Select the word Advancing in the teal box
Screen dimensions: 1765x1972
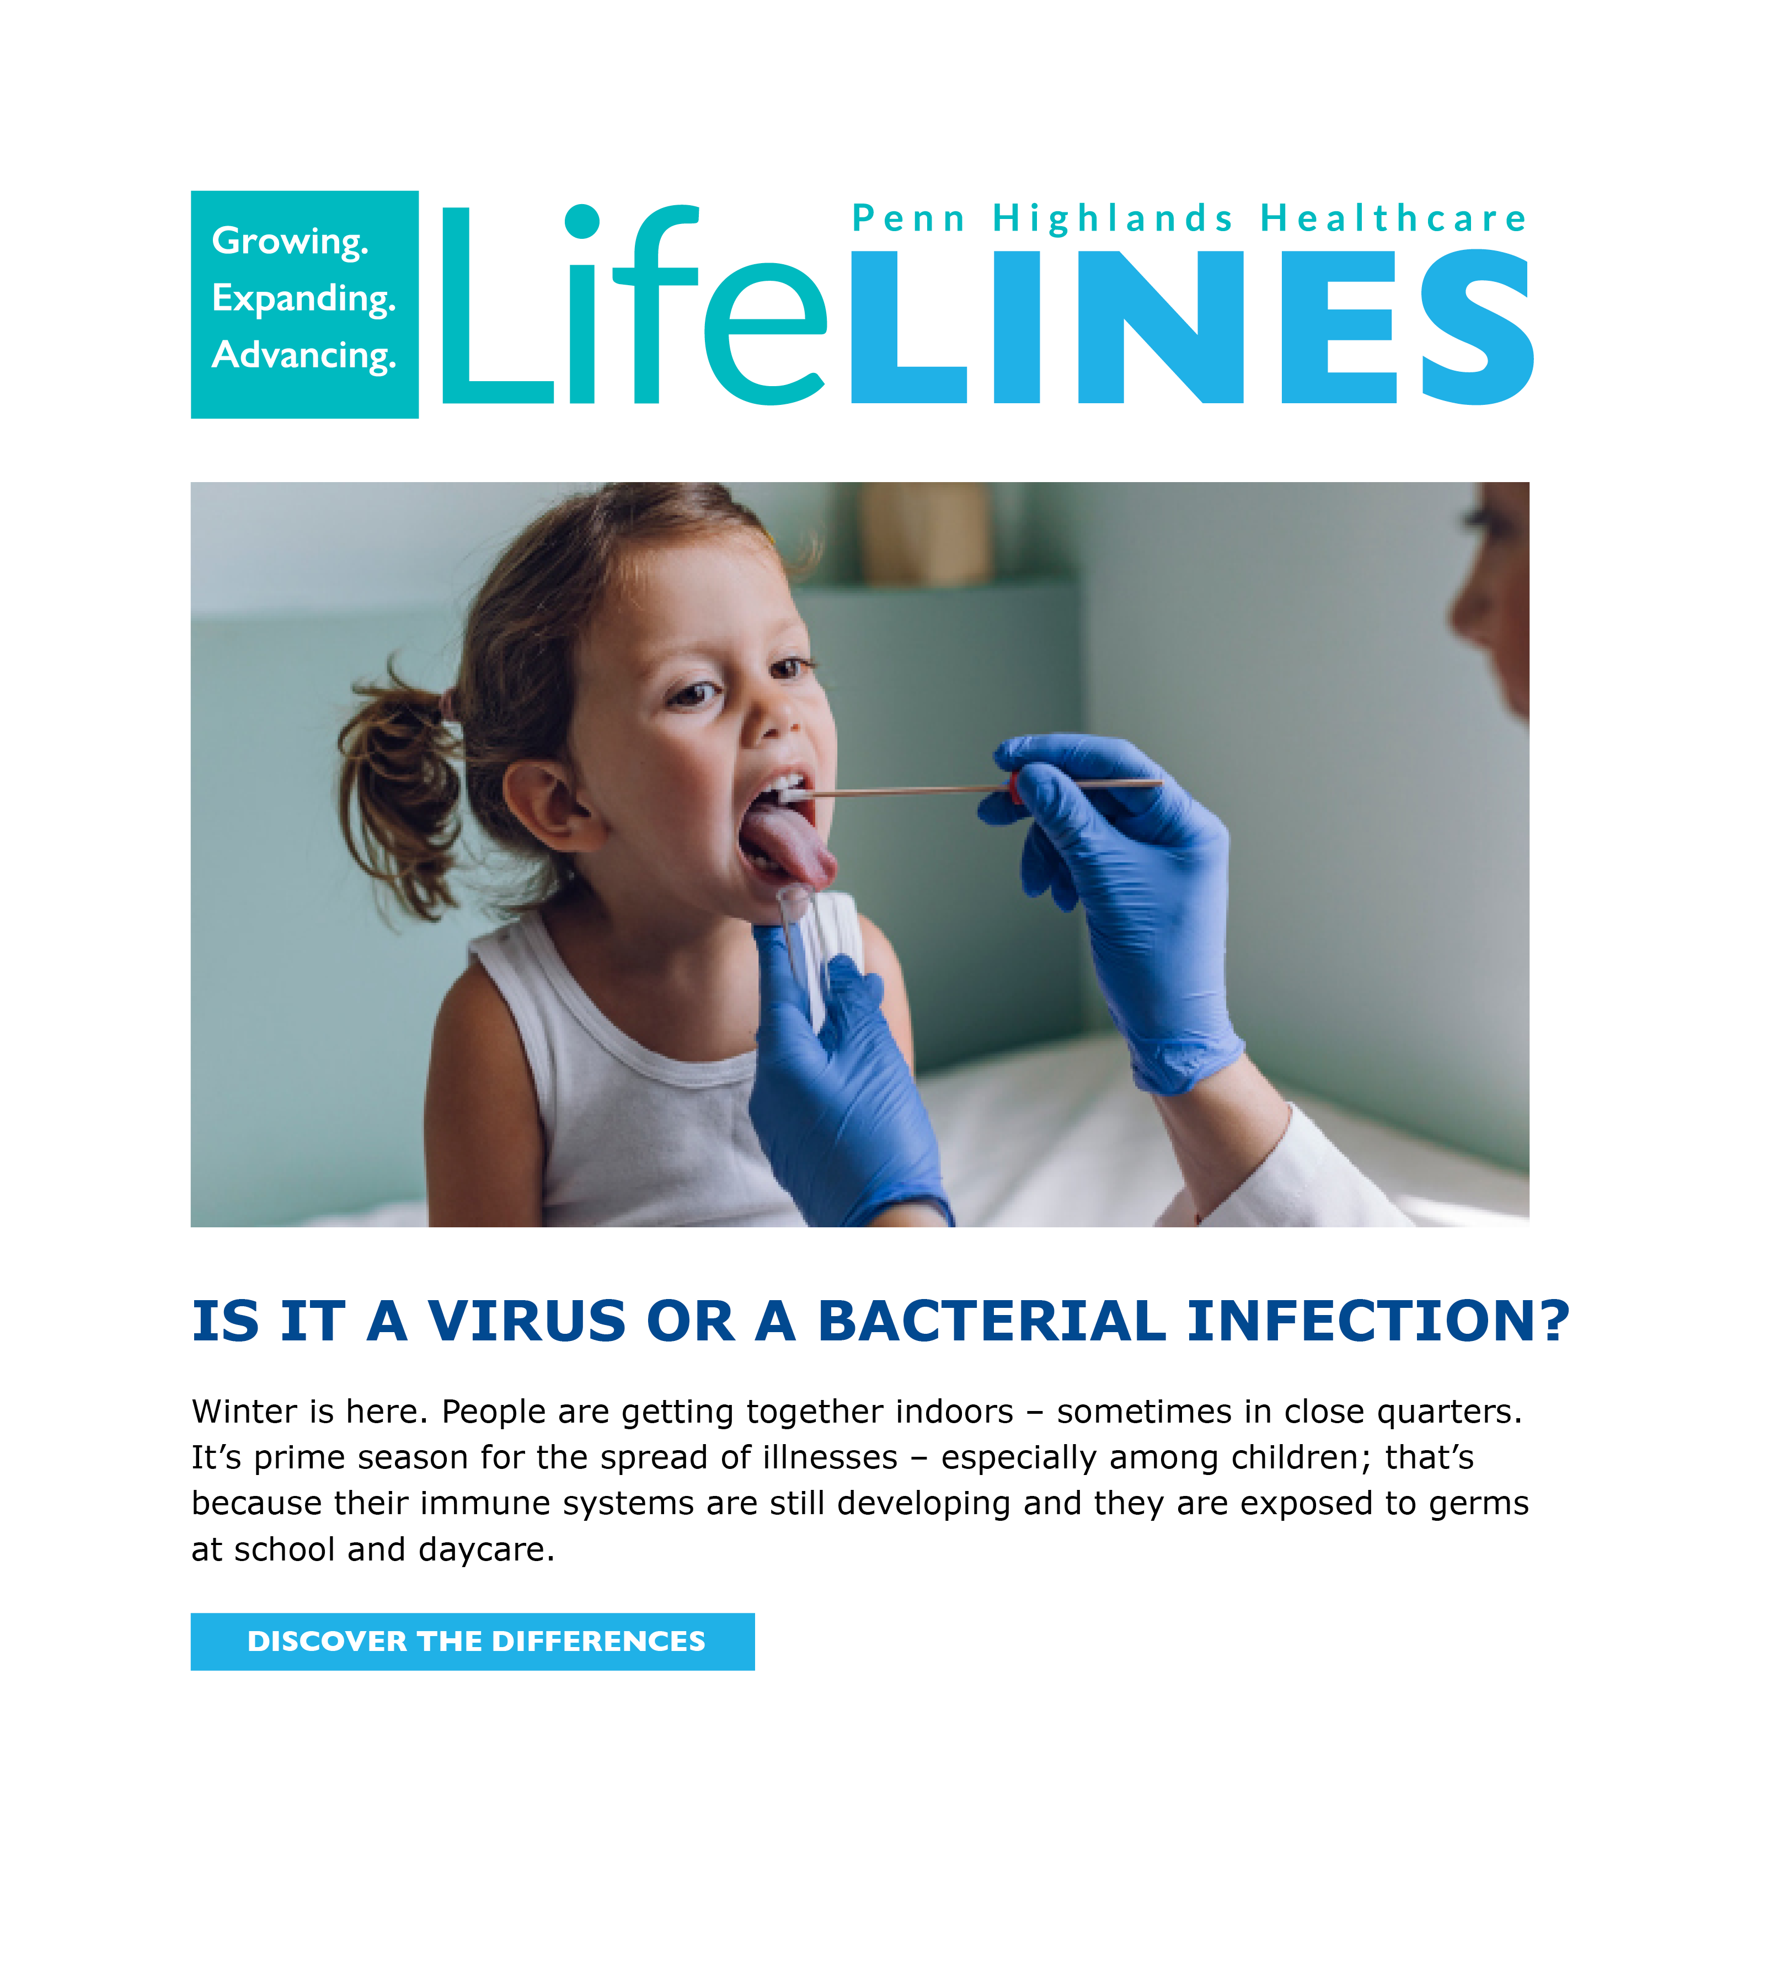point(303,355)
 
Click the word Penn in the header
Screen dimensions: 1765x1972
point(908,218)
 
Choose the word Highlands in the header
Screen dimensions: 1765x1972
point(1113,218)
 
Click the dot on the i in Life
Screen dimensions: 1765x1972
point(582,221)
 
